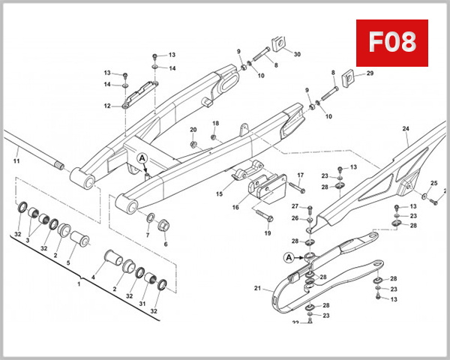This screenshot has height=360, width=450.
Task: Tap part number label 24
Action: [x=406, y=129]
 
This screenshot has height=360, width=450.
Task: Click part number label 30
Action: [x=296, y=55]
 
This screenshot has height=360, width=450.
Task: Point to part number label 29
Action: [x=369, y=73]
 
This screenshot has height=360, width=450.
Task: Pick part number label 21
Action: [x=257, y=288]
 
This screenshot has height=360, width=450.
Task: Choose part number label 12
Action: [x=107, y=106]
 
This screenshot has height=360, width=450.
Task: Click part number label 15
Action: [x=220, y=193]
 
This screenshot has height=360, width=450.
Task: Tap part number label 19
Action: [x=267, y=234]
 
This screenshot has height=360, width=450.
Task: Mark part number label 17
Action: [x=301, y=176]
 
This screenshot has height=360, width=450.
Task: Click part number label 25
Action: [x=433, y=184]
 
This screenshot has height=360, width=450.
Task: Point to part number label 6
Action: [x=165, y=244]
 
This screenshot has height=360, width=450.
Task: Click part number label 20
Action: [x=193, y=130]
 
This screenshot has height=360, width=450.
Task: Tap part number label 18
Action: [x=215, y=123]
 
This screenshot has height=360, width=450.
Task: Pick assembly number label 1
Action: [x=79, y=284]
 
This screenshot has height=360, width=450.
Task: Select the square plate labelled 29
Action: [x=349, y=76]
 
